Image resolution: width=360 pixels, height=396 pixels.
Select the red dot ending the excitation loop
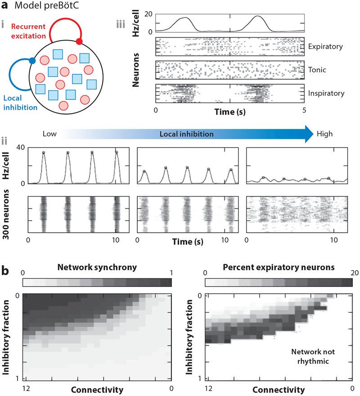click(79, 42)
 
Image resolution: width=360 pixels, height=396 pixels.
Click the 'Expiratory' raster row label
click(325, 46)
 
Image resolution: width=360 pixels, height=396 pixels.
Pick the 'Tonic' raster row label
click(318, 70)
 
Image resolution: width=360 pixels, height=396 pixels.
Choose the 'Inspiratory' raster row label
click(325, 93)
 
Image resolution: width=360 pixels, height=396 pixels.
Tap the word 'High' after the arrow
click(325, 134)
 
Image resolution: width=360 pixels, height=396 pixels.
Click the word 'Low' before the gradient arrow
click(49, 134)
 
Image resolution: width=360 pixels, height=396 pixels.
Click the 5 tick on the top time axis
click(305, 110)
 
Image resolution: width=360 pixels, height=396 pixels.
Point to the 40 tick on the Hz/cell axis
click(20, 147)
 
